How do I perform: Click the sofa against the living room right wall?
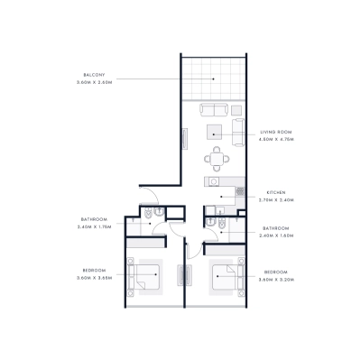(x=238, y=132)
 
